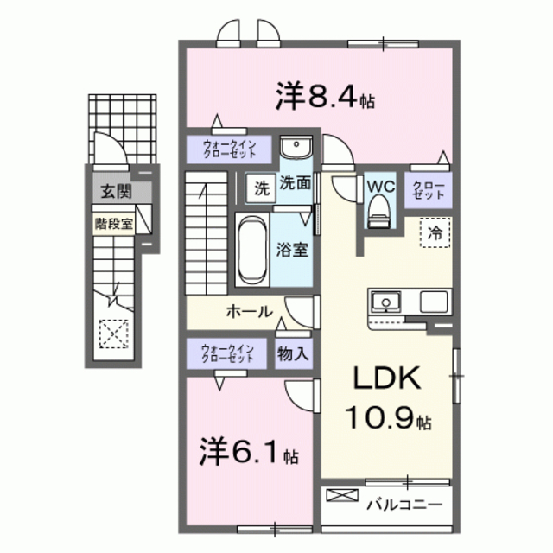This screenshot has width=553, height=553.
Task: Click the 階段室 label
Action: tap(114, 221)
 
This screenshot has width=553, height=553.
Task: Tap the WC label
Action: tap(379, 185)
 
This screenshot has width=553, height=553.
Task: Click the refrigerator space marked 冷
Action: tap(436, 232)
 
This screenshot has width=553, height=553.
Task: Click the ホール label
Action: tap(250, 311)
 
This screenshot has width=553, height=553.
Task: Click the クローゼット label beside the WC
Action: tap(429, 190)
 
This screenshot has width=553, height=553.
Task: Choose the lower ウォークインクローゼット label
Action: tap(227, 353)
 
